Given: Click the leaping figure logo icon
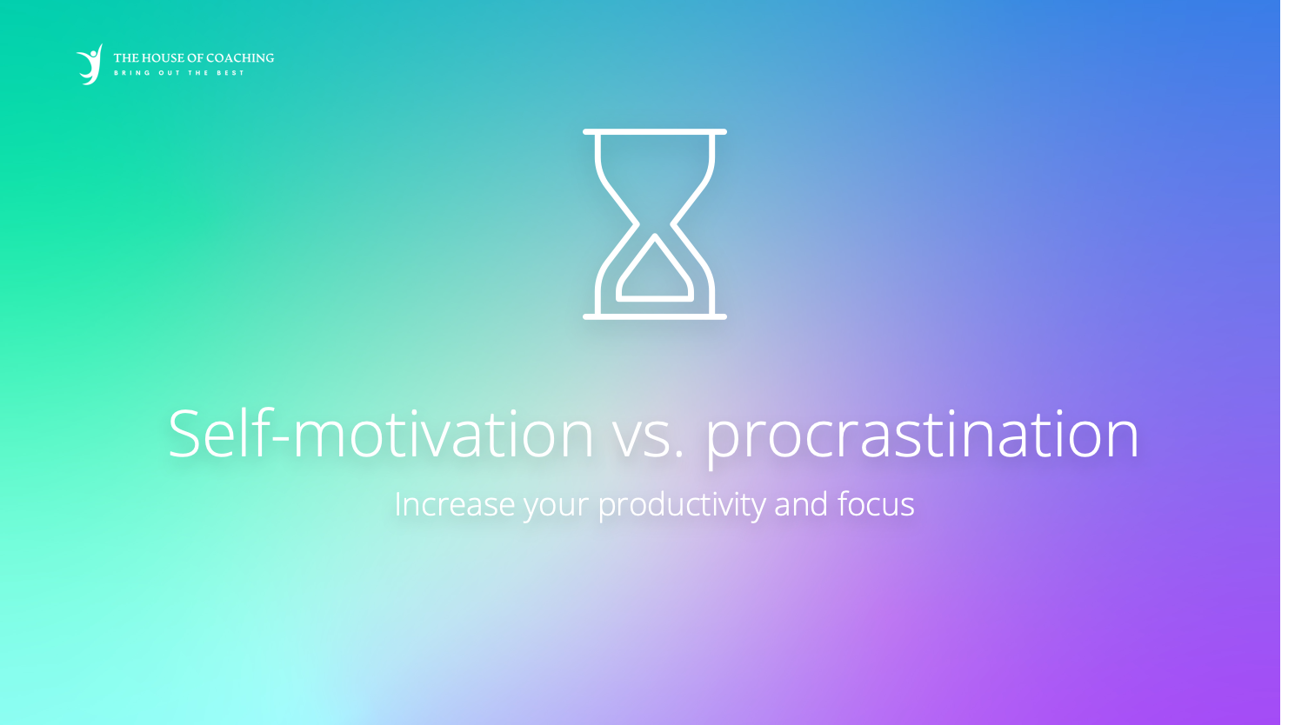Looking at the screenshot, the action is tap(90, 64).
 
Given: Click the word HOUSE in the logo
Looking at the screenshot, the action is tap(163, 57).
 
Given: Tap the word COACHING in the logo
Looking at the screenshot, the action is tap(240, 57).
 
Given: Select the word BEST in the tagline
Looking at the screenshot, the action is tap(230, 73).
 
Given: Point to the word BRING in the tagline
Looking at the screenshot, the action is tap(132, 73).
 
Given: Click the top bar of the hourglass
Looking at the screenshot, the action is tap(654, 132).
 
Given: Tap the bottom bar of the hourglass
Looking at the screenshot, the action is tap(654, 316).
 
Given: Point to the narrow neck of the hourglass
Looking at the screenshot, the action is tap(654, 224).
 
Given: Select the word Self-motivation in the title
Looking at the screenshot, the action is tap(381, 434).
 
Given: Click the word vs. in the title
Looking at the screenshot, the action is tap(648, 442).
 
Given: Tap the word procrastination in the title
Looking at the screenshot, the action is tap(923, 436).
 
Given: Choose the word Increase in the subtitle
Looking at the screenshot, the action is tap(455, 503).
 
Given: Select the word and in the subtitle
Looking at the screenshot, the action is tap(801, 503).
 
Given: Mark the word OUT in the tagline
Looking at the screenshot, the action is tap(170, 73).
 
